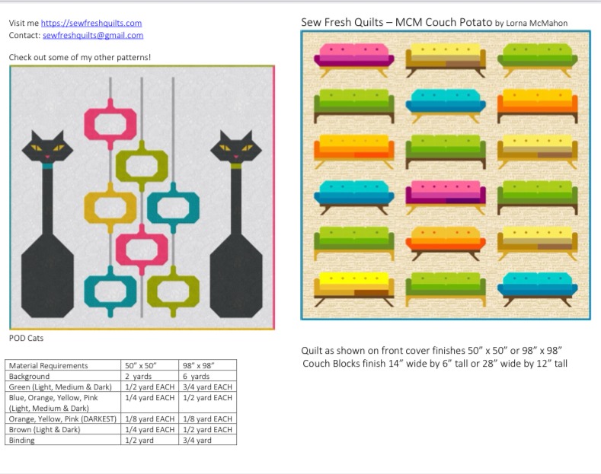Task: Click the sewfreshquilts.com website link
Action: (91, 23)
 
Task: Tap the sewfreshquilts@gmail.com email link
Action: (93, 35)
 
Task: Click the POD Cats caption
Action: (26, 338)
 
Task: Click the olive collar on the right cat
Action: (236, 166)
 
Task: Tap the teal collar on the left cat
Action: (47, 166)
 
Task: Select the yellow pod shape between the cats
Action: (110, 207)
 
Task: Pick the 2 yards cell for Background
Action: (139, 377)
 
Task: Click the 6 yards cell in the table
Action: (196, 377)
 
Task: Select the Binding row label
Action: (21, 441)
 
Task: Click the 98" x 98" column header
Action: (198, 366)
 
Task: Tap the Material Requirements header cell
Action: (48, 366)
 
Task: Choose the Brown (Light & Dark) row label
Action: (44, 430)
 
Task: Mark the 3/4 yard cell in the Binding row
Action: (197, 441)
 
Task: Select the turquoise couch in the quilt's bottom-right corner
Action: (537, 289)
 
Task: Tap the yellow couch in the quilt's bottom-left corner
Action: (353, 289)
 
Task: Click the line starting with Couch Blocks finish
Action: (435, 364)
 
